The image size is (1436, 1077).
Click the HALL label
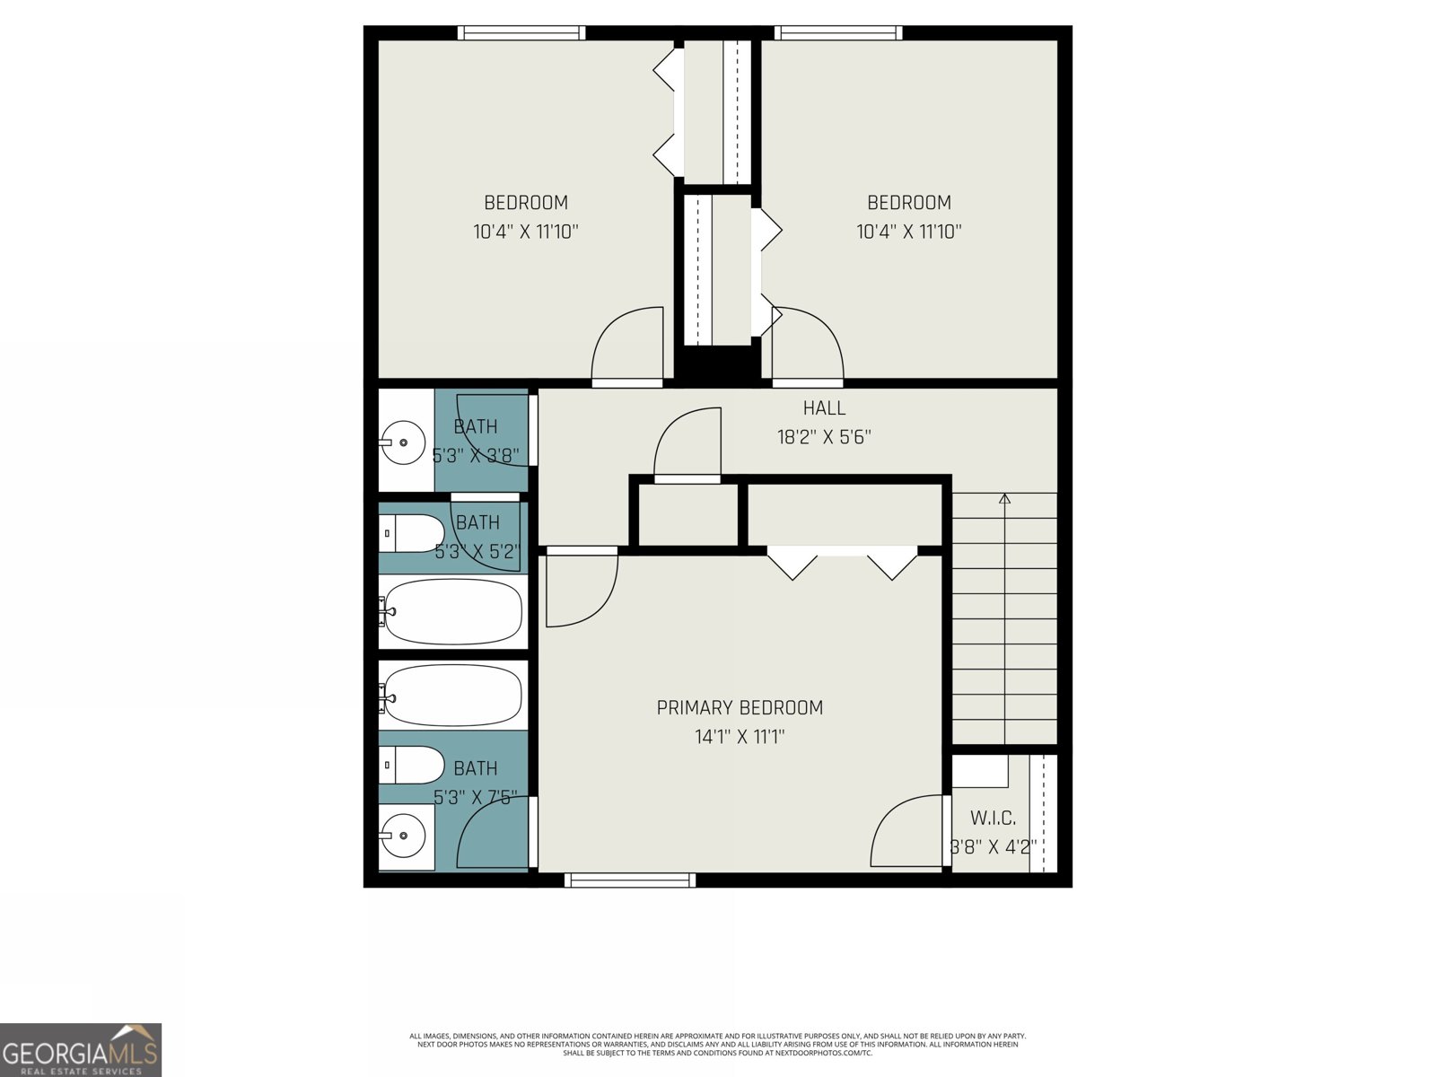(823, 408)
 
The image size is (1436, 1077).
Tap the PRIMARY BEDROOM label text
(740, 708)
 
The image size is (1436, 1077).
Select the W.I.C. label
(993, 819)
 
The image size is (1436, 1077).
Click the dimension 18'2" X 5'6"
(823, 438)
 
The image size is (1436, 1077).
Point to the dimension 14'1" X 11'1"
(740, 738)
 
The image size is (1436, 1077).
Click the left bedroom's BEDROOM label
(526, 203)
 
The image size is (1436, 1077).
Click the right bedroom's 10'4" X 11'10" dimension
(908, 232)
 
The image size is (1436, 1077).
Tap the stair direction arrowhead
(1004, 498)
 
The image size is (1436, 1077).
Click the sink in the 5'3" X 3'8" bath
(403, 442)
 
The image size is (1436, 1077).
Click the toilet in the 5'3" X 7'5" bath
(413, 766)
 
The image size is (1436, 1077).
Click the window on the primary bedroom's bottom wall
(629, 880)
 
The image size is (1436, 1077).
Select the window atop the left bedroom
(521, 33)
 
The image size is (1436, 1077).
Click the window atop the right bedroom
(838, 33)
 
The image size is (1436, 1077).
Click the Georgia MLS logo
(81, 1049)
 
